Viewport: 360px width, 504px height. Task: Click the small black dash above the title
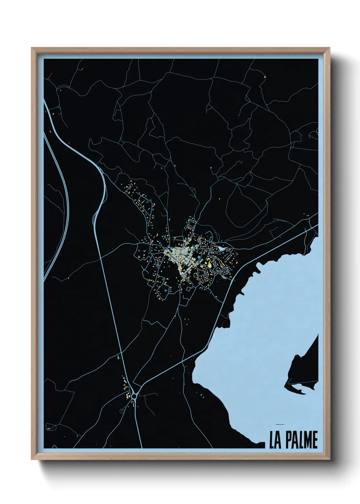tap(280, 424)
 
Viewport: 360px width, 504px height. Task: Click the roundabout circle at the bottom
tap(134, 396)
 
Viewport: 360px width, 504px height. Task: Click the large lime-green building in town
tap(210, 264)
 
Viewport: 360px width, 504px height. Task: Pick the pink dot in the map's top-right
tap(264, 77)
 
